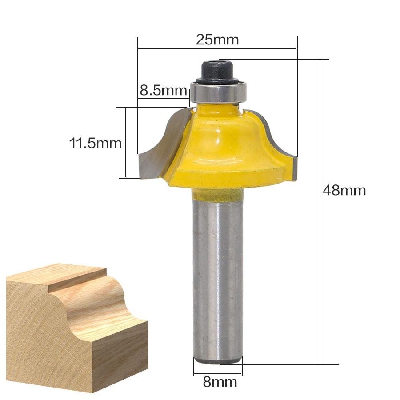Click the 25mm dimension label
(x=217, y=40)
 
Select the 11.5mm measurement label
(x=95, y=143)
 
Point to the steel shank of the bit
(x=218, y=280)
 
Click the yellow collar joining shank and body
(x=217, y=195)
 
